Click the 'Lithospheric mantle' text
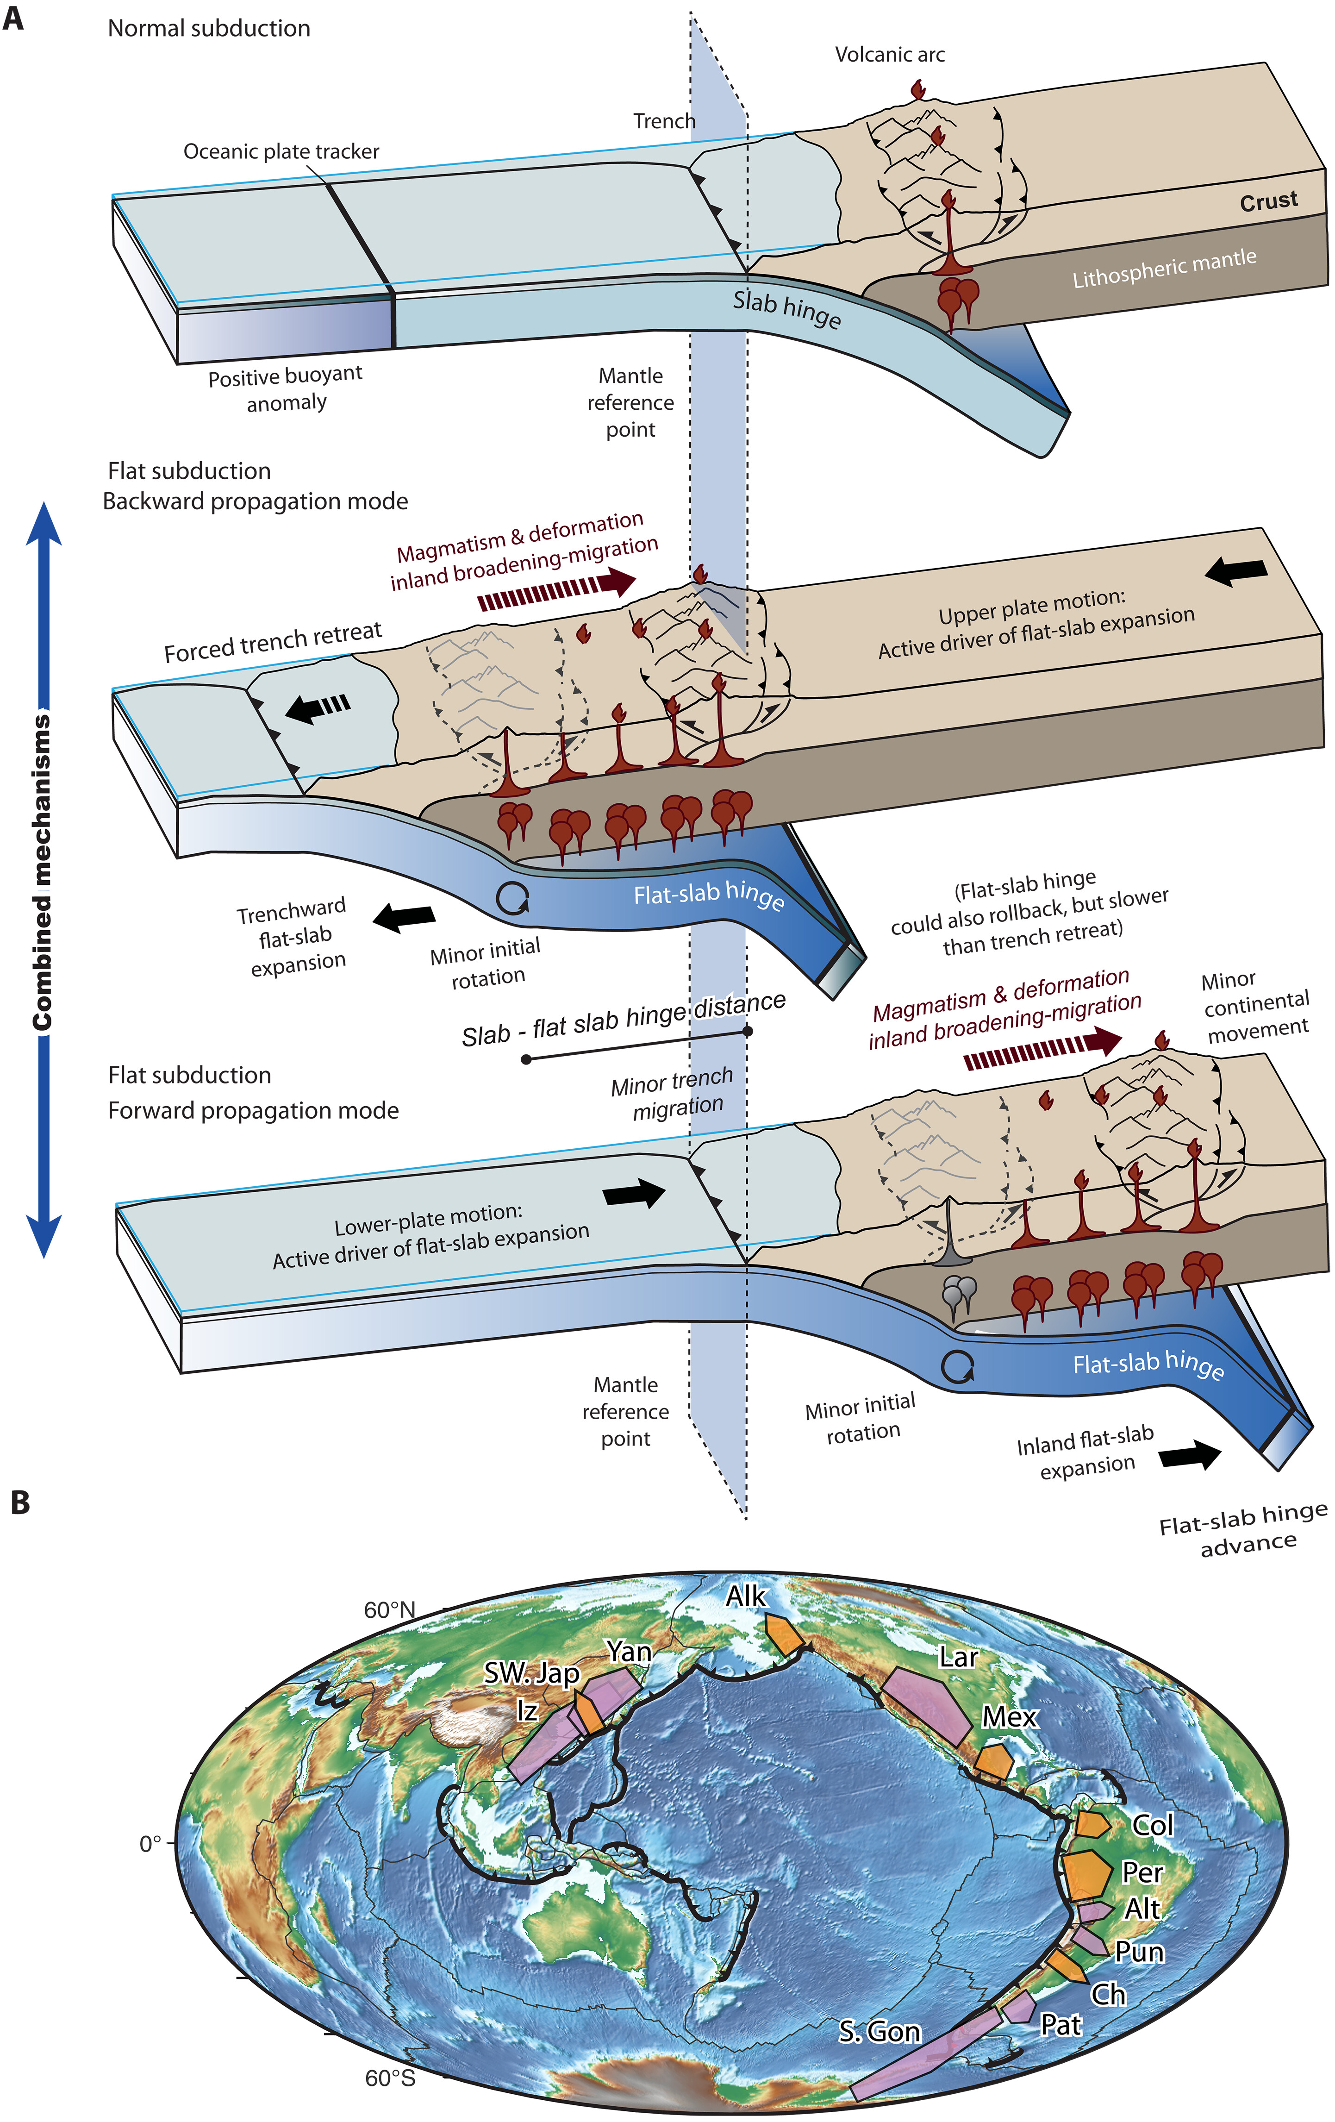click(x=1163, y=268)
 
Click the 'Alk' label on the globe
click(x=745, y=1595)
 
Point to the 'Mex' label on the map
click(x=1010, y=1717)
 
